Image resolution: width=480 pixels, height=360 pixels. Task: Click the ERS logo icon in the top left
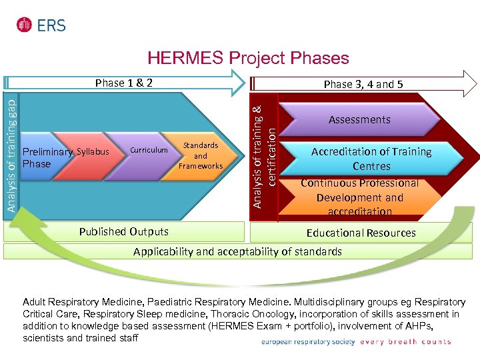(25, 25)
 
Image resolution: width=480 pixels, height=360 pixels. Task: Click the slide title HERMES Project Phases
(247, 58)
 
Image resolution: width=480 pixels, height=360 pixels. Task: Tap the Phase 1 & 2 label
(124, 83)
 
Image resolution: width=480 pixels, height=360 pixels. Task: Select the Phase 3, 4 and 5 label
(363, 84)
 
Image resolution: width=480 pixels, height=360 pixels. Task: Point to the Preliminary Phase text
(47, 158)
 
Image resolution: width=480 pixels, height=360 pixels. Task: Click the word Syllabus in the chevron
(93, 151)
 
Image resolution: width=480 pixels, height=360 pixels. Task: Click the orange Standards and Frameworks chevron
(201, 155)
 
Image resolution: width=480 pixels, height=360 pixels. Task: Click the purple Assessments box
(359, 120)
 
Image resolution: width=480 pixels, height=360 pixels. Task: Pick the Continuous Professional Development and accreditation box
(359, 197)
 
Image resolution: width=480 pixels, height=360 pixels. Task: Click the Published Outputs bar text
(123, 232)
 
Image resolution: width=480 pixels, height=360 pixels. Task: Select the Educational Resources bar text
(361, 233)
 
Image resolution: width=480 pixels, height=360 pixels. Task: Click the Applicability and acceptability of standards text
(237, 251)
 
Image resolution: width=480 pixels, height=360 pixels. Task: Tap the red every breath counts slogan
(406, 342)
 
